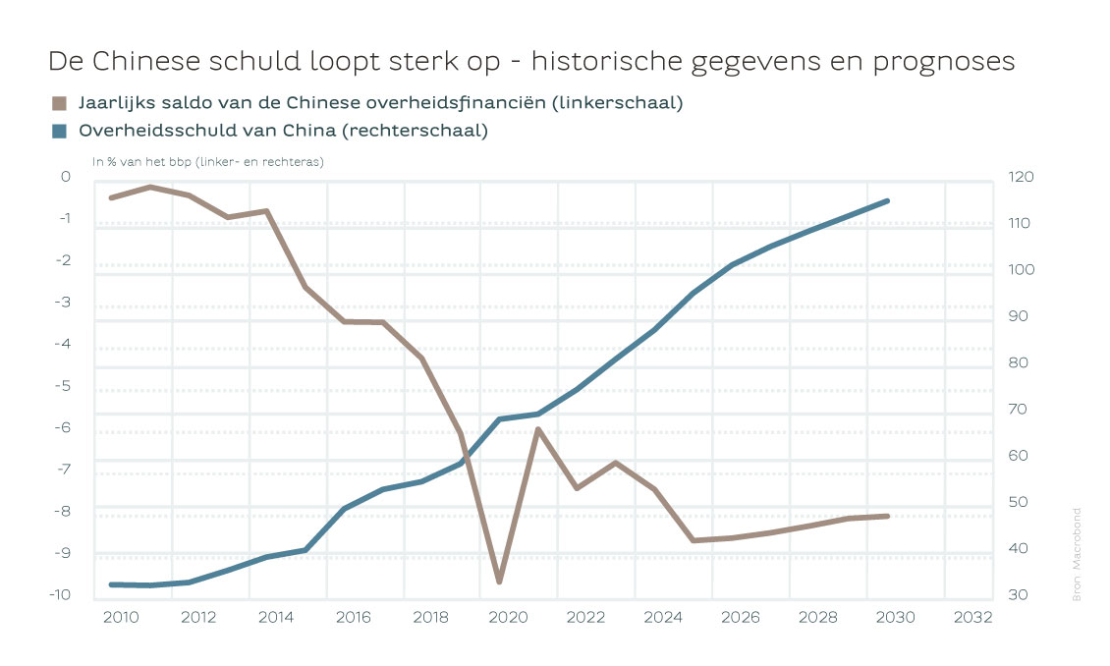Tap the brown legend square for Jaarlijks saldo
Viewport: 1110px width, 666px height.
coord(59,103)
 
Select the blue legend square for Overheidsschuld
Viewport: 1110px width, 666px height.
coord(59,131)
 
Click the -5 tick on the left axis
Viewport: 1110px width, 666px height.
coord(66,385)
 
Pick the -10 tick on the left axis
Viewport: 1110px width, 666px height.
coord(62,594)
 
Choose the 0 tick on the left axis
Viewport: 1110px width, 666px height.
coord(66,177)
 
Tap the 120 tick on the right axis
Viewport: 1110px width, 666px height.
coord(1022,177)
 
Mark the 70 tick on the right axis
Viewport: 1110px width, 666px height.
coord(1018,409)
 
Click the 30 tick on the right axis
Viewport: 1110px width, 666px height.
coord(1018,594)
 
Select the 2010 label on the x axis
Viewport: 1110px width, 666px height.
coord(121,618)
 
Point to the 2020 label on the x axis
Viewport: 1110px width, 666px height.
coord(508,618)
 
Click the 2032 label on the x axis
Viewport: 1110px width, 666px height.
coord(972,618)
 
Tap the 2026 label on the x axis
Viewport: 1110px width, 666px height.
coord(741,618)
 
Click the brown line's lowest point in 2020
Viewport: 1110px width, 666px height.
coord(499,582)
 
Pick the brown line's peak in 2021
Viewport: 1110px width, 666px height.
coord(538,429)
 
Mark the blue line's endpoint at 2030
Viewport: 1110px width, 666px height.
coord(888,200)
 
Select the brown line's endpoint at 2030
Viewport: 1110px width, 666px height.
coord(888,516)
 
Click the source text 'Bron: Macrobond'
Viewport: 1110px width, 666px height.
coord(1077,555)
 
